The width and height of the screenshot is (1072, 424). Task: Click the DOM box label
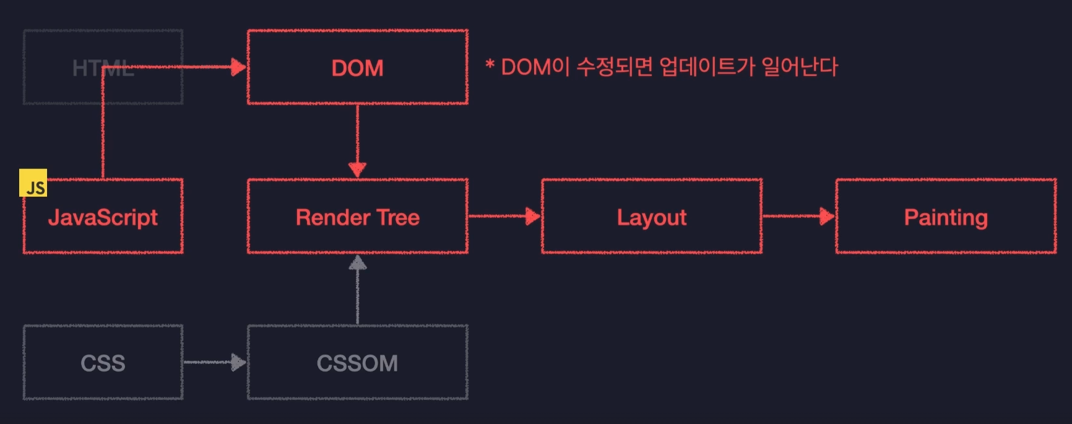[x=357, y=68]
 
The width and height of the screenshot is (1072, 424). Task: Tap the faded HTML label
[x=103, y=68]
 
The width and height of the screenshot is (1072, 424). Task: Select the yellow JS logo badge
[x=33, y=183]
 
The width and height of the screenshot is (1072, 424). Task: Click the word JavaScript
[x=103, y=218]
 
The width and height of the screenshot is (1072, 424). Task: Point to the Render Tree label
[x=357, y=218]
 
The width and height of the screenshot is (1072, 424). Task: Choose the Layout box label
[x=652, y=218]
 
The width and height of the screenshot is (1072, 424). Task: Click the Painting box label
[x=946, y=218]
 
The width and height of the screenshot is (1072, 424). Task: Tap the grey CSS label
[x=103, y=363]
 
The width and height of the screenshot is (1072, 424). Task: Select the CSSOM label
[x=357, y=363]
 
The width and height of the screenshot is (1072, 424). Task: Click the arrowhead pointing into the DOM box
[x=238, y=67]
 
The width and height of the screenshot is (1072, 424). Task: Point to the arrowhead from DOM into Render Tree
[x=357, y=169]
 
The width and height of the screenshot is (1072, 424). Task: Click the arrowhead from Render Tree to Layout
[x=532, y=216]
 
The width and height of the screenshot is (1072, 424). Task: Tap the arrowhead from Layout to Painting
[x=827, y=216]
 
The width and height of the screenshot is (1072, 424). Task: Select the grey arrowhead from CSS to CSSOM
[x=238, y=362]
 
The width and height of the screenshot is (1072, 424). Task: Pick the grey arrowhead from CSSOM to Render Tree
[x=357, y=264]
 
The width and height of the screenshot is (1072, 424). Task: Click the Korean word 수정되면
[x=614, y=67]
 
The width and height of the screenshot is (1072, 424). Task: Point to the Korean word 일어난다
[x=800, y=67]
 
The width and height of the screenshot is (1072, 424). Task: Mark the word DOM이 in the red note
[x=535, y=67]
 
